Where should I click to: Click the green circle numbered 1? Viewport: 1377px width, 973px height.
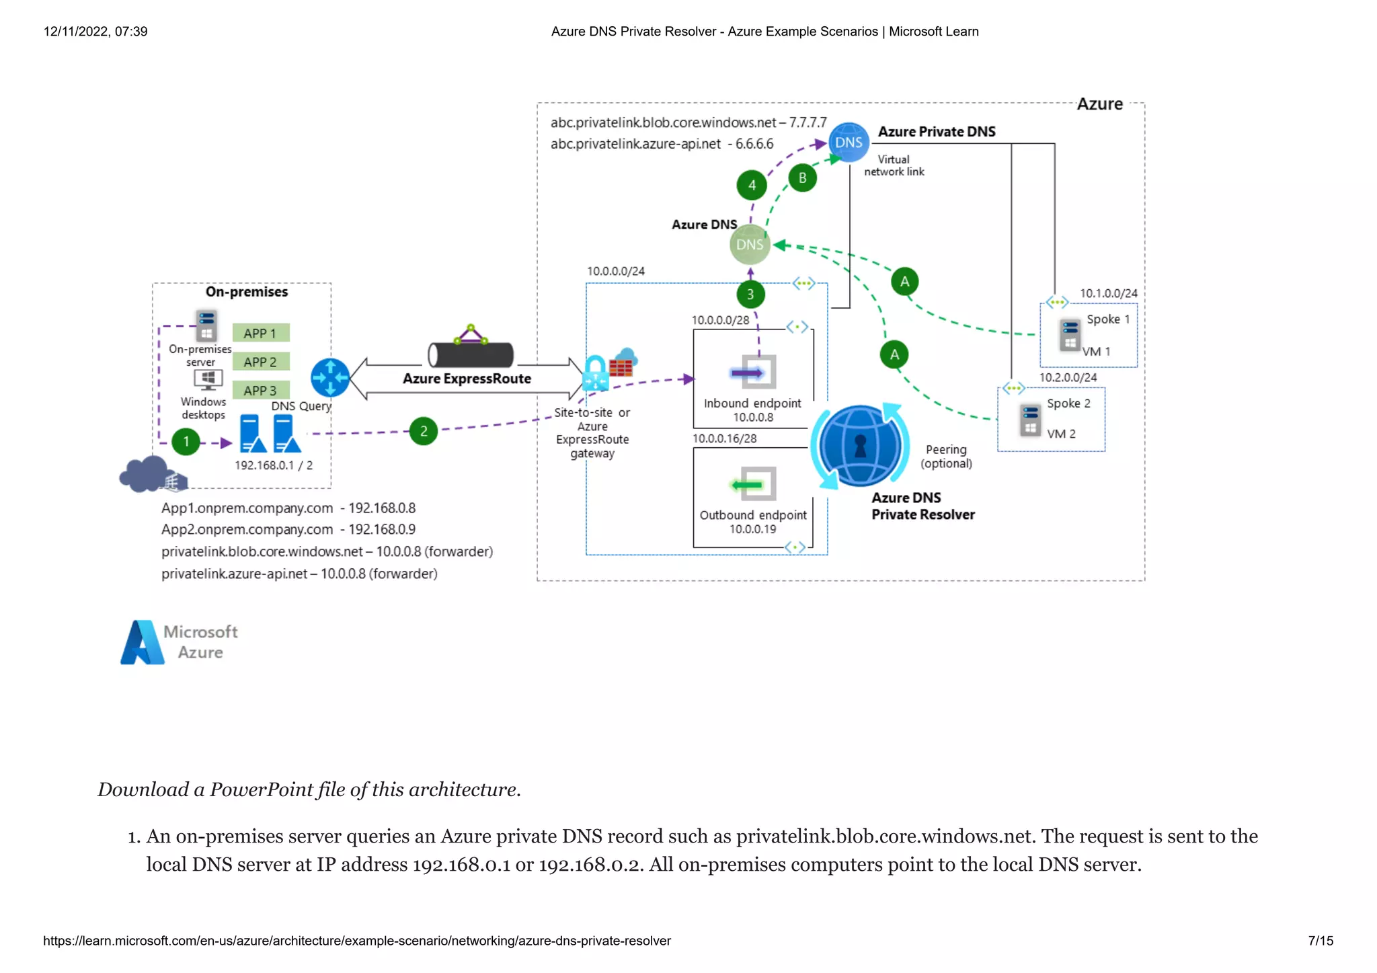click(x=186, y=442)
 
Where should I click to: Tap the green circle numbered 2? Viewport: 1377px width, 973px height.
click(x=424, y=431)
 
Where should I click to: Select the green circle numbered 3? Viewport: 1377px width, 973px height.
click(x=750, y=295)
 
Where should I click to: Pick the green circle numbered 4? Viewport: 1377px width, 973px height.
click(x=752, y=186)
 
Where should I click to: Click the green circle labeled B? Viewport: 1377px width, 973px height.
click(x=802, y=178)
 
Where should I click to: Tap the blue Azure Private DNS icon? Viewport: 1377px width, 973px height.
click(x=849, y=143)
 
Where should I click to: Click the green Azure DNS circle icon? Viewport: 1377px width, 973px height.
click(x=750, y=245)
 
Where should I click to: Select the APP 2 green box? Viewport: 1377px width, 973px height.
click(x=261, y=362)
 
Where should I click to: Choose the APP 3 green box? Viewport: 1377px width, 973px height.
click(x=261, y=391)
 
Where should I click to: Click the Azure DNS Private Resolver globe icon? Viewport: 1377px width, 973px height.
click(x=860, y=446)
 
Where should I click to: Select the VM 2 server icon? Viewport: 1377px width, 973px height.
click(x=1030, y=420)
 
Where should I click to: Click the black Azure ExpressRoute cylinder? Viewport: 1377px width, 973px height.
click(x=471, y=354)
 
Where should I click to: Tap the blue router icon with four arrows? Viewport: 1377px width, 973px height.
click(x=330, y=377)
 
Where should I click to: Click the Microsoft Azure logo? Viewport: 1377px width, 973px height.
click(x=179, y=642)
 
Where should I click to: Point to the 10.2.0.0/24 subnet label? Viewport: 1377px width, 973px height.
click(x=1068, y=378)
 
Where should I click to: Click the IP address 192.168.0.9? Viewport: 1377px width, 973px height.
click(x=381, y=530)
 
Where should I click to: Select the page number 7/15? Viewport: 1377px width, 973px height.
click(x=1321, y=941)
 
